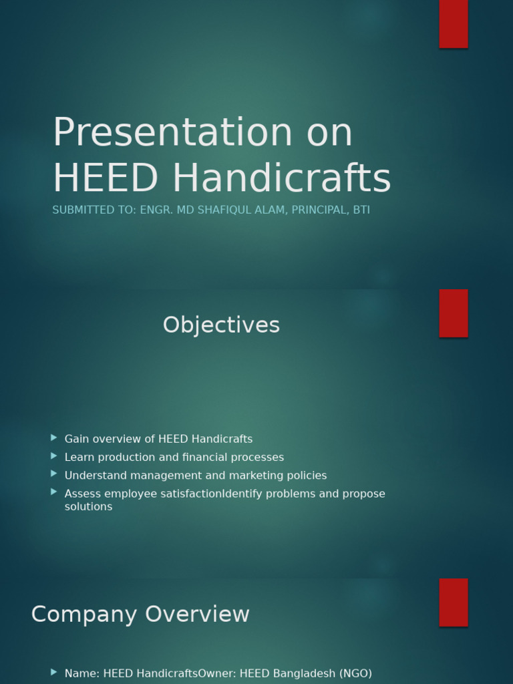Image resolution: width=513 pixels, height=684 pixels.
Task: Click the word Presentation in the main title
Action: pyautogui.click(x=172, y=132)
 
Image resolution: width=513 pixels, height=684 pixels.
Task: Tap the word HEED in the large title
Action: pyautogui.click(x=105, y=178)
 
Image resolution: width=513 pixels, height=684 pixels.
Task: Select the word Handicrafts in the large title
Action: pyautogui.click(x=281, y=178)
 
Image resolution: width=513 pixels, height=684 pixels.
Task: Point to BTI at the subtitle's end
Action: pyautogui.click(x=361, y=210)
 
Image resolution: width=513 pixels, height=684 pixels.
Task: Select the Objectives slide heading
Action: pyautogui.click(x=221, y=325)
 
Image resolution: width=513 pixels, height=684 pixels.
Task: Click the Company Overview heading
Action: pyautogui.click(x=140, y=615)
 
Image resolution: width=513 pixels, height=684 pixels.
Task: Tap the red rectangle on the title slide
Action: pyautogui.click(x=454, y=24)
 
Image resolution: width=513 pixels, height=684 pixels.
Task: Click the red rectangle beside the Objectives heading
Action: pyautogui.click(x=454, y=313)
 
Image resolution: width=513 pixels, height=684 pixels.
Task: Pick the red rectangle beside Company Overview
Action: pyautogui.click(x=454, y=603)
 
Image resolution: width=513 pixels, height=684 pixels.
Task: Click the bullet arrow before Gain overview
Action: pyautogui.click(x=54, y=438)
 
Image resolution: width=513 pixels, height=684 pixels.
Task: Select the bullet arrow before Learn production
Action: pyautogui.click(x=54, y=456)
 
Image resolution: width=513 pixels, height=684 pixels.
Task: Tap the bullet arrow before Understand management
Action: pyautogui.click(x=54, y=474)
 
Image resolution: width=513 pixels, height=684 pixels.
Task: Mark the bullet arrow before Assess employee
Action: pyautogui.click(x=54, y=492)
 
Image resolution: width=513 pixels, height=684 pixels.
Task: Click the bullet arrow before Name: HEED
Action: pyautogui.click(x=54, y=672)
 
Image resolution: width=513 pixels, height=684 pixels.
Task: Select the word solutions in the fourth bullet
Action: pyautogui.click(x=88, y=507)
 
